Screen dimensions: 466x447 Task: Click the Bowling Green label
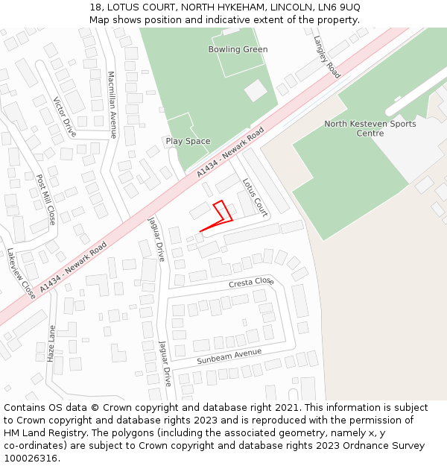[238, 49]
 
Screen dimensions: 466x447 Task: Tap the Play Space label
[188, 141]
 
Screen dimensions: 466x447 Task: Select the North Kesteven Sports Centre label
[370, 128]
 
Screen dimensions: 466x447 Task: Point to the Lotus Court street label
[255, 197]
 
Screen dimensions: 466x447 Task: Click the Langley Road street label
[326, 57]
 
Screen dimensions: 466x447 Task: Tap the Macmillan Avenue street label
[112, 104]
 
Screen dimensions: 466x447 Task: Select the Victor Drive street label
[66, 117]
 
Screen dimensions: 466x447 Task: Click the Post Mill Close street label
[46, 200]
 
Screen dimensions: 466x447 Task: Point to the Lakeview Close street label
[21, 273]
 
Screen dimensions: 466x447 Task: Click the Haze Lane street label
[51, 344]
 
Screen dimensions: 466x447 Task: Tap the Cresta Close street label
[251, 283]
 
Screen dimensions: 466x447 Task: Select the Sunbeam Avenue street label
[229, 356]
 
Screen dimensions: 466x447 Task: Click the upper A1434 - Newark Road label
[230, 152]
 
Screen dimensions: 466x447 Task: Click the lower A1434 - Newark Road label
[73, 266]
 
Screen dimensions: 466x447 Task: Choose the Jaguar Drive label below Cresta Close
[165, 363]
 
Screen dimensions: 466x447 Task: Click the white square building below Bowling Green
[256, 90]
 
